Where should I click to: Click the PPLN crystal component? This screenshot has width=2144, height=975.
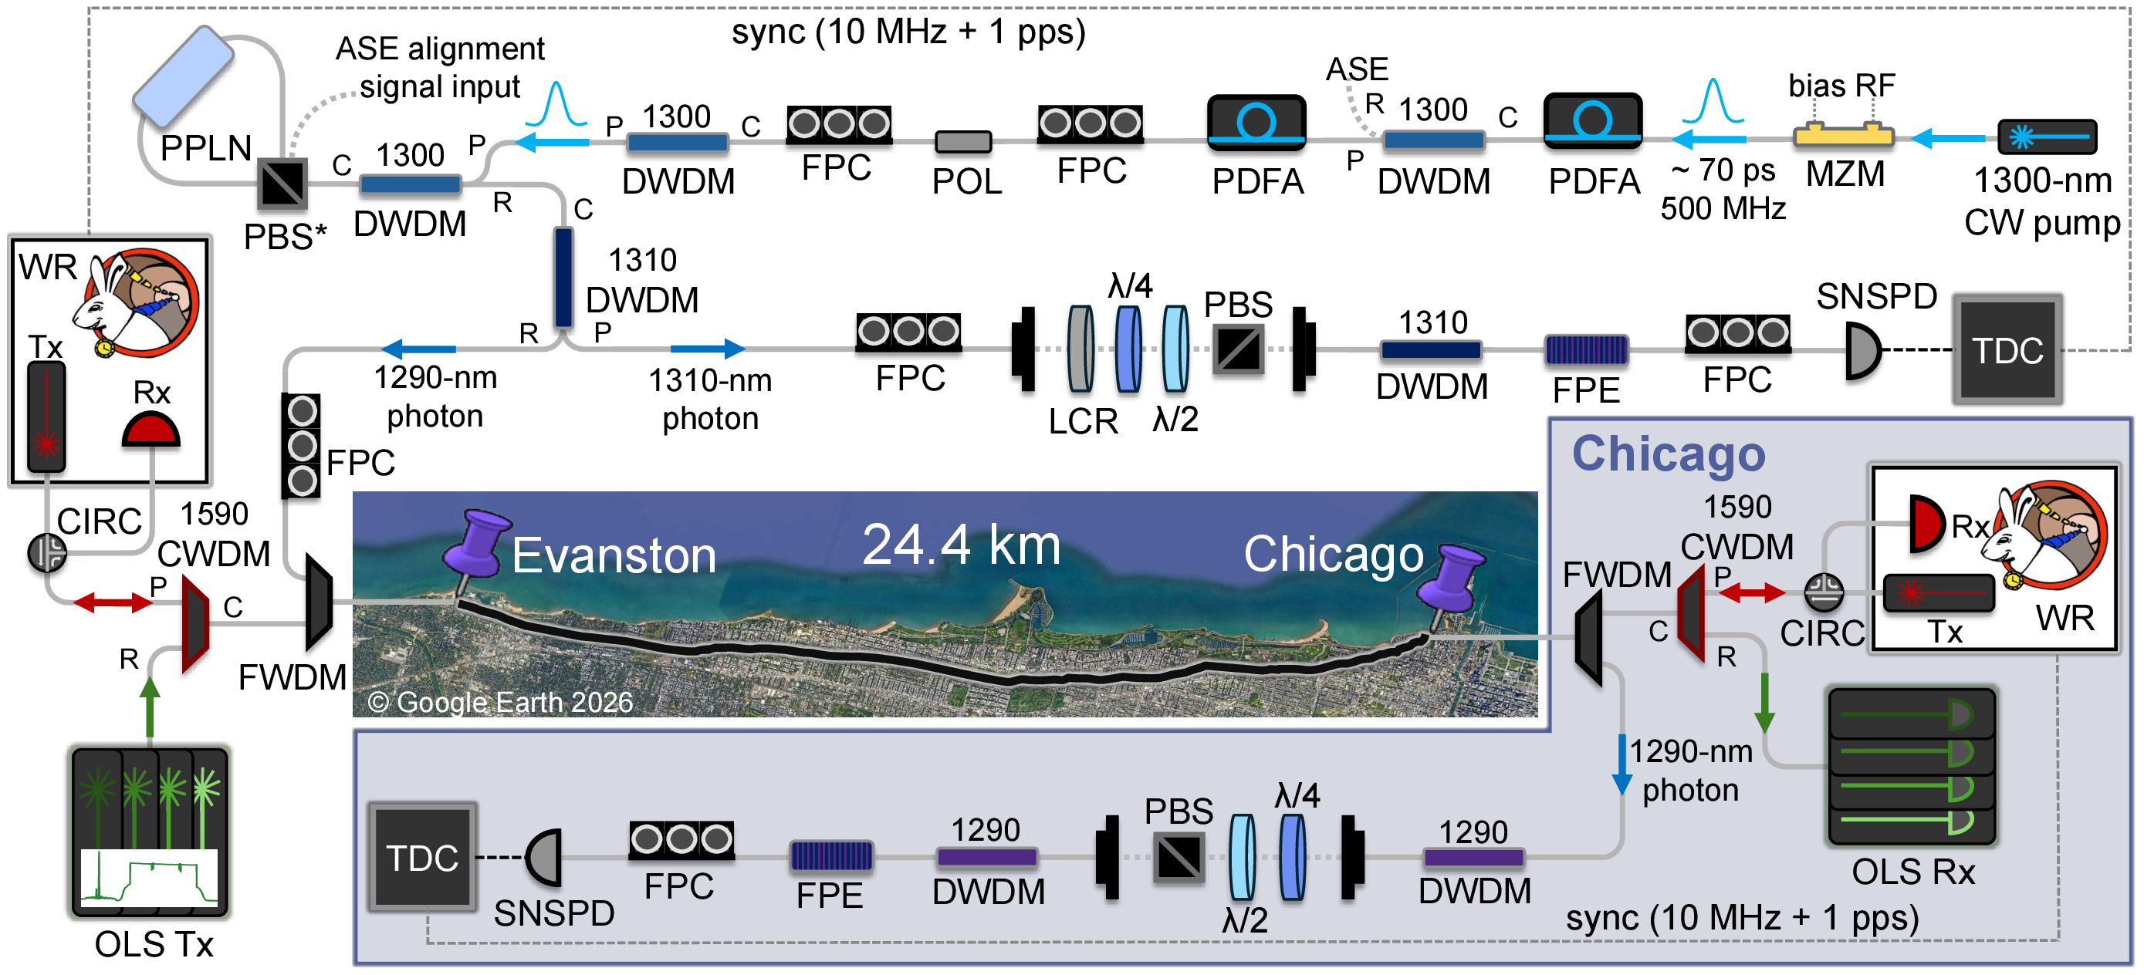point(183,76)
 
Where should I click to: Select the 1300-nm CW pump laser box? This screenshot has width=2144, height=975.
point(2047,137)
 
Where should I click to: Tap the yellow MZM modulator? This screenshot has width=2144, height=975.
point(1843,135)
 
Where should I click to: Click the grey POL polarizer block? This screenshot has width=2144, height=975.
point(963,141)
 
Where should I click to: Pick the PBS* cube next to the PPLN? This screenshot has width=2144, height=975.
point(283,183)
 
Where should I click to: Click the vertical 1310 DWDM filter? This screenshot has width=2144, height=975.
point(563,277)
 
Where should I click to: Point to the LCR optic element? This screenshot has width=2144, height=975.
point(1081,349)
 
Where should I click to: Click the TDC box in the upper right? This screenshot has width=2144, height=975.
point(2007,349)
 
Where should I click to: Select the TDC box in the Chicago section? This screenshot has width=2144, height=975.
point(423,857)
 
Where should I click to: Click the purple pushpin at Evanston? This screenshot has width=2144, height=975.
point(475,549)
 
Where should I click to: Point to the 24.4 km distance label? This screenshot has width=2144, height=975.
point(962,545)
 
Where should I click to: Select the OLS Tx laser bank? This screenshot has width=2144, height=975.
point(150,831)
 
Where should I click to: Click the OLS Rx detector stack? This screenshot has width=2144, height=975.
point(1911,766)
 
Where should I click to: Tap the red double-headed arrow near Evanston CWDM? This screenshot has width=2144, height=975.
point(113,602)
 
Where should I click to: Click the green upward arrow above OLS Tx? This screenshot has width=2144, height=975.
point(150,707)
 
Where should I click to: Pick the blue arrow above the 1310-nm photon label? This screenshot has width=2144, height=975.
point(708,349)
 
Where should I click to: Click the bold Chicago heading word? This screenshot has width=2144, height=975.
point(1668,455)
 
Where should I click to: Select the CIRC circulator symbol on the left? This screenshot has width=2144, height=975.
point(47,552)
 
